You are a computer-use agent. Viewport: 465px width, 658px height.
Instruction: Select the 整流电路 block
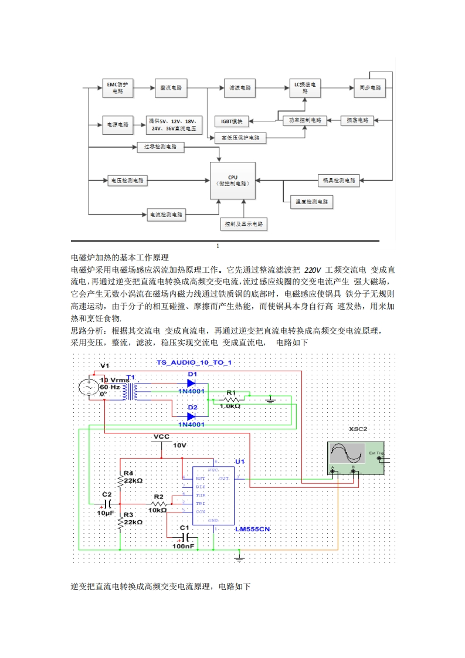pyautogui.click(x=171, y=87)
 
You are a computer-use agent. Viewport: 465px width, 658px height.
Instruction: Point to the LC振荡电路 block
pyautogui.click(x=305, y=87)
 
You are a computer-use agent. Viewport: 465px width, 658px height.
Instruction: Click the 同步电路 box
pyautogui.click(x=370, y=87)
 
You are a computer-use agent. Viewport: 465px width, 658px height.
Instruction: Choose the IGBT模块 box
pyautogui.click(x=232, y=121)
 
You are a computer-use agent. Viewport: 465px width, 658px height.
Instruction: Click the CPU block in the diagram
pyautogui.click(x=233, y=180)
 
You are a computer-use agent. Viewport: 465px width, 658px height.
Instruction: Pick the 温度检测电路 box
pyautogui.click(x=311, y=202)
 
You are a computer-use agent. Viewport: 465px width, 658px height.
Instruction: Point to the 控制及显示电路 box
pyautogui.click(x=243, y=224)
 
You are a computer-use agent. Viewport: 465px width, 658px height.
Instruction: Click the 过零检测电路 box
pyautogui.click(x=160, y=147)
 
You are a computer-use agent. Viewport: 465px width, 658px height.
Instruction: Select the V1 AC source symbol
pyautogui.click(x=89, y=387)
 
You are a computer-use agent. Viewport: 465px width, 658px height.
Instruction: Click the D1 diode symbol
pyautogui.click(x=191, y=384)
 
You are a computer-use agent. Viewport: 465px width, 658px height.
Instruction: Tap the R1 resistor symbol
pyautogui.click(x=231, y=399)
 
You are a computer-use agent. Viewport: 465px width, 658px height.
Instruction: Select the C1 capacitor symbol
pyautogui.click(x=185, y=537)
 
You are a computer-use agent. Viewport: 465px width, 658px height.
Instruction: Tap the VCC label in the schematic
pyautogui.click(x=161, y=436)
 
